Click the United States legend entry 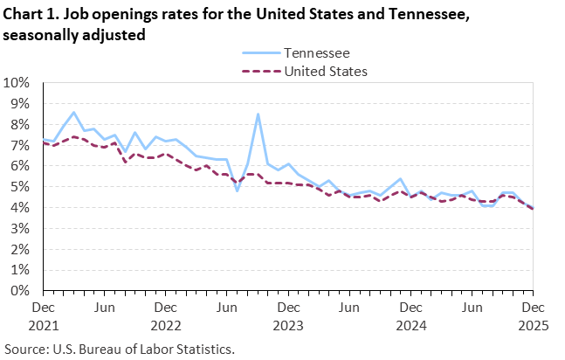[x=326, y=71]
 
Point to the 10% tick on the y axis [x=17, y=83]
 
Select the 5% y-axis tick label [x=20, y=187]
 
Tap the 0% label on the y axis [x=20, y=291]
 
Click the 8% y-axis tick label [x=20, y=125]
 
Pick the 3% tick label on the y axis [x=20, y=229]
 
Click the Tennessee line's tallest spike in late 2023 [x=258, y=114]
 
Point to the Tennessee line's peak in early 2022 [x=74, y=113]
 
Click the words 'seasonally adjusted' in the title [x=73, y=35]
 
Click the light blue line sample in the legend [x=258, y=53]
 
